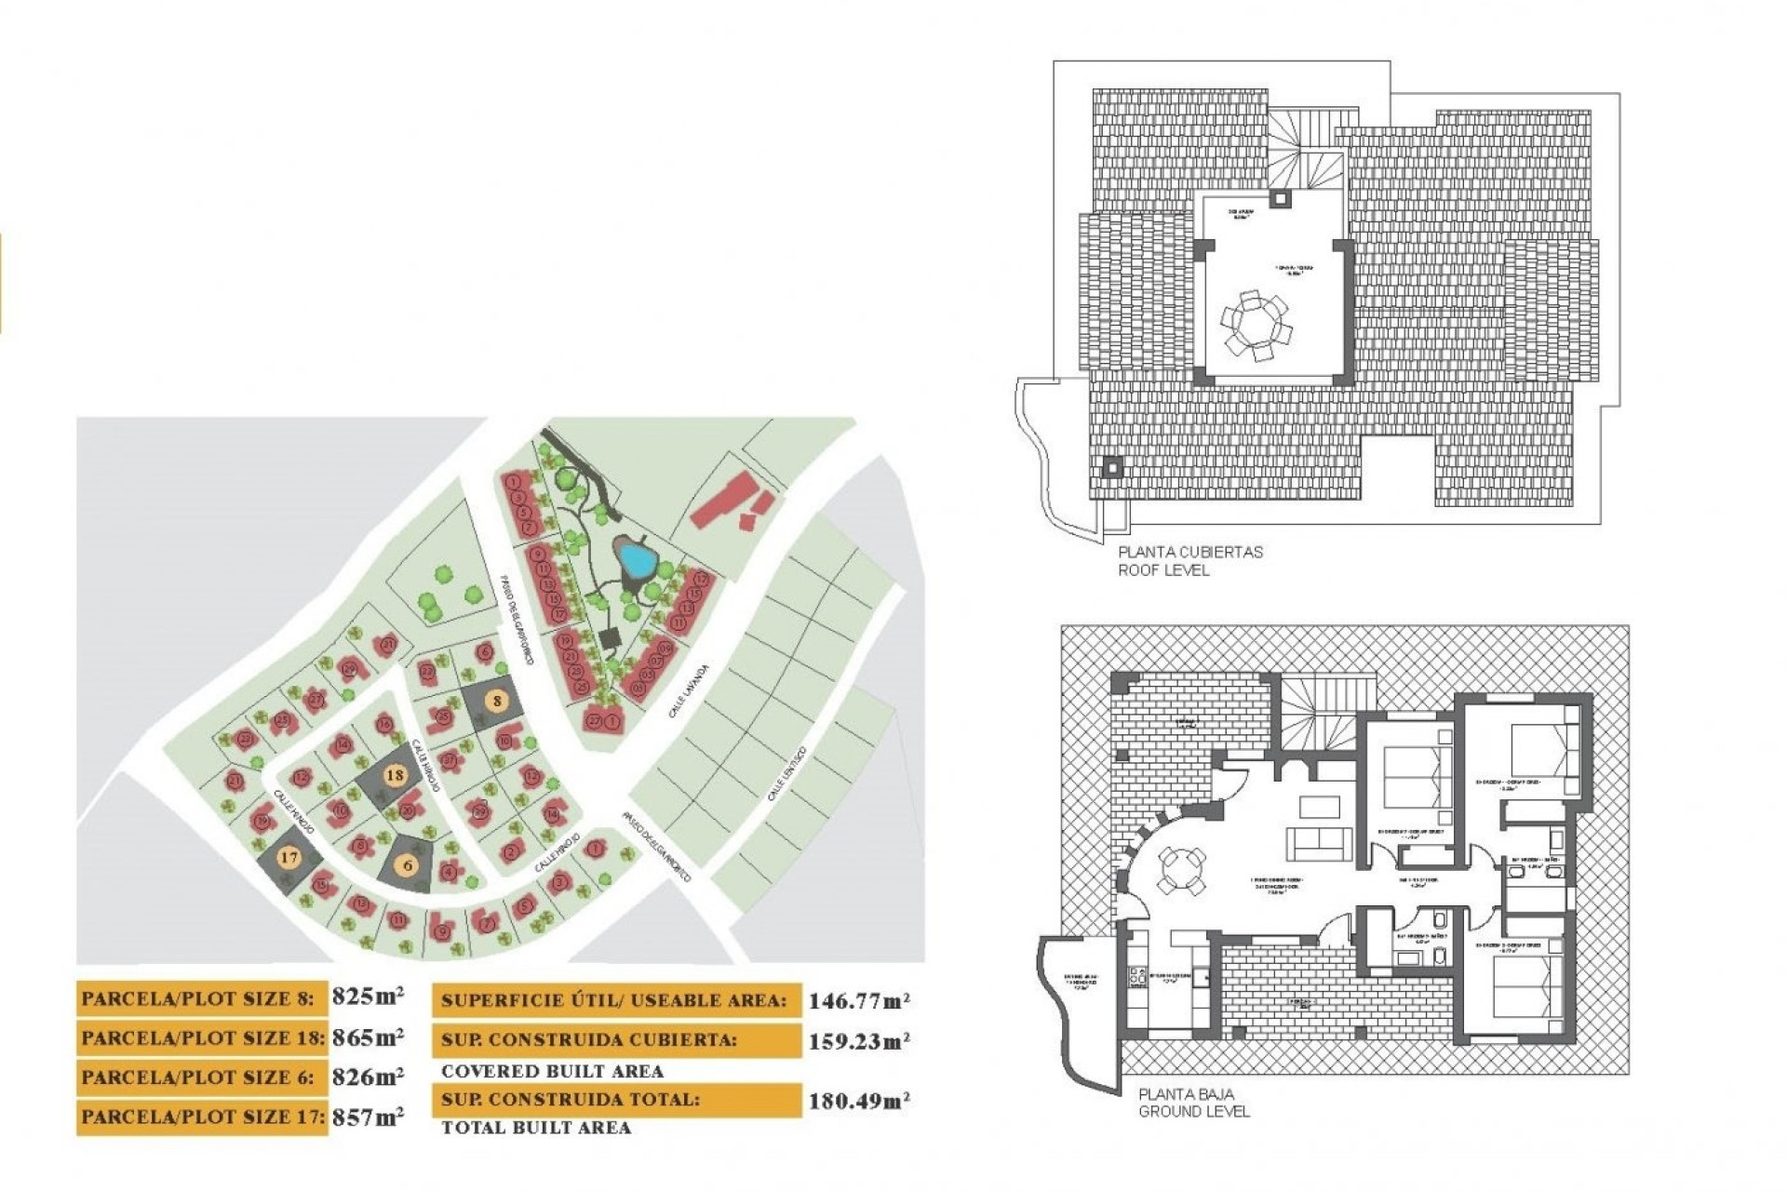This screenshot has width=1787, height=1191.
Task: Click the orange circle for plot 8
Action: pyautogui.click(x=498, y=701)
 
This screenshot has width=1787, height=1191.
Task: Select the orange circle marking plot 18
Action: pyautogui.click(x=395, y=775)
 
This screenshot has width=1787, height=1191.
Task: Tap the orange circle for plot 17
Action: pyautogui.click(x=289, y=857)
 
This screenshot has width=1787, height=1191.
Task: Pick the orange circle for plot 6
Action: pyautogui.click(x=408, y=865)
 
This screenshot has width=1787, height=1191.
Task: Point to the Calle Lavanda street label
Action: pyautogui.click(x=689, y=691)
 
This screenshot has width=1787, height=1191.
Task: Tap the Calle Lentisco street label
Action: pyautogui.click(x=786, y=775)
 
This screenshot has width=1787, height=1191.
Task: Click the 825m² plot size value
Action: pyautogui.click(x=368, y=997)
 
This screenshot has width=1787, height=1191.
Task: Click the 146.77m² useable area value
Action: pyautogui.click(x=858, y=1001)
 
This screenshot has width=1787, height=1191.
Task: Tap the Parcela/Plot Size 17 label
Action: pyautogui.click(x=202, y=1116)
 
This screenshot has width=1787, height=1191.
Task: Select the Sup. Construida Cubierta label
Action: pyautogui.click(x=589, y=1040)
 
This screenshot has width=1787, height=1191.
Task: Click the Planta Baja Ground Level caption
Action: pyautogui.click(x=1194, y=1103)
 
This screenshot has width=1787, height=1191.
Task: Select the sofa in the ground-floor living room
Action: pyautogui.click(x=1319, y=842)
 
